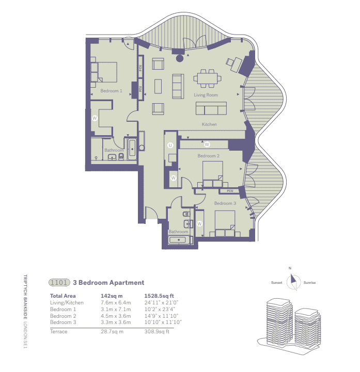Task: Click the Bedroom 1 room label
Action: pyautogui.click(x=111, y=91)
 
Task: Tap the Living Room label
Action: pyautogui.click(x=206, y=95)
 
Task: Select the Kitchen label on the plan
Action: pyautogui.click(x=209, y=124)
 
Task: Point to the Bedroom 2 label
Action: pyautogui.click(x=209, y=155)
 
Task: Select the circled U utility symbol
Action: pyautogui.click(x=170, y=145)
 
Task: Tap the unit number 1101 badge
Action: pyautogui.click(x=59, y=283)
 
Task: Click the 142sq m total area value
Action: pyautogui.click(x=108, y=296)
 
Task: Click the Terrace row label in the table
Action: pyautogui.click(x=58, y=331)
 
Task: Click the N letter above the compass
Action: pyautogui.click(x=290, y=268)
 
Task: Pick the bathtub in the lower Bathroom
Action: pyautogui.click(x=179, y=239)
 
